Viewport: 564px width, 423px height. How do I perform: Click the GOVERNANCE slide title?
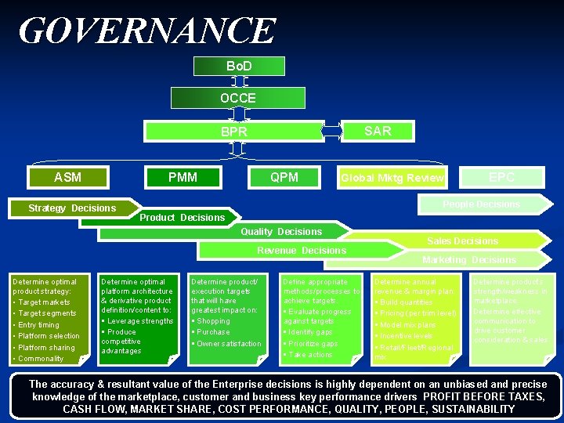click(x=147, y=31)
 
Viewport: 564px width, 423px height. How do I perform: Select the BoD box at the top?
click(x=238, y=66)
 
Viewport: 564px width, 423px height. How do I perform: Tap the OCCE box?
click(x=237, y=98)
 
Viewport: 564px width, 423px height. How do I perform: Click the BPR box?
click(x=233, y=132)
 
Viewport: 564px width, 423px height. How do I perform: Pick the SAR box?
click(x=378, y=131)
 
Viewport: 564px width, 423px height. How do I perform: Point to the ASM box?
click(x=67, y=177)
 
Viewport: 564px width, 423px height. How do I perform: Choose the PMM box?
click(x=183, y=177)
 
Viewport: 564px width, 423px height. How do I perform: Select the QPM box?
click(x=284, y=177)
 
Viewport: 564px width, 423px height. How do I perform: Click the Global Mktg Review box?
click(x=392, y=178)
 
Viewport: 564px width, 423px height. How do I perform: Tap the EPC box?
click(x=501, y=177)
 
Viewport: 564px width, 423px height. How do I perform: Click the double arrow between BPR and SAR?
click(x=332, y=131)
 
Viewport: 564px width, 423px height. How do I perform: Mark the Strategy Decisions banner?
click(x=72, y=208)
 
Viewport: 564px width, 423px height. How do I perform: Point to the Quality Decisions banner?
click(x=280, y=231)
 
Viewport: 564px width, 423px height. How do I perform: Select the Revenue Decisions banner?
click(x=302, y=251)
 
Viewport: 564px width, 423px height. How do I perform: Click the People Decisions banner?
click(x=481, y=204)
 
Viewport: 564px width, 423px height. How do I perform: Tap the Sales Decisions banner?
click(x=462, y=240)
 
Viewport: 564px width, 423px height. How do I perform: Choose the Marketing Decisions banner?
click(x=468, y=259)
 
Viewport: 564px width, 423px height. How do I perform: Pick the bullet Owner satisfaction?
click(x=229, y=344)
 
